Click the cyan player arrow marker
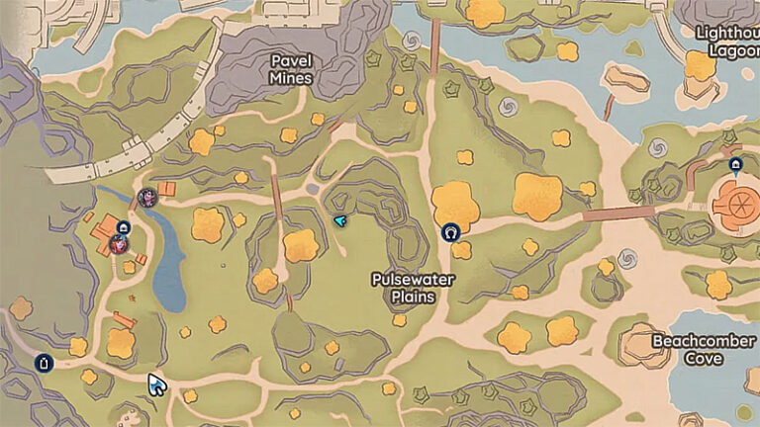339,220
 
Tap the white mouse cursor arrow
156,384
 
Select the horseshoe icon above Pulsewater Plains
451,233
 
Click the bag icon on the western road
43,363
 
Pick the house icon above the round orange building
734,165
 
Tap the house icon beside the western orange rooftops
123,227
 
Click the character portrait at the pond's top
148,197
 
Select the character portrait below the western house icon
119,243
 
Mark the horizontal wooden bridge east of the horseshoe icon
617,213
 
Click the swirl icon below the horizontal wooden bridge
625,259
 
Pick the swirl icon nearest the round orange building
657,148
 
